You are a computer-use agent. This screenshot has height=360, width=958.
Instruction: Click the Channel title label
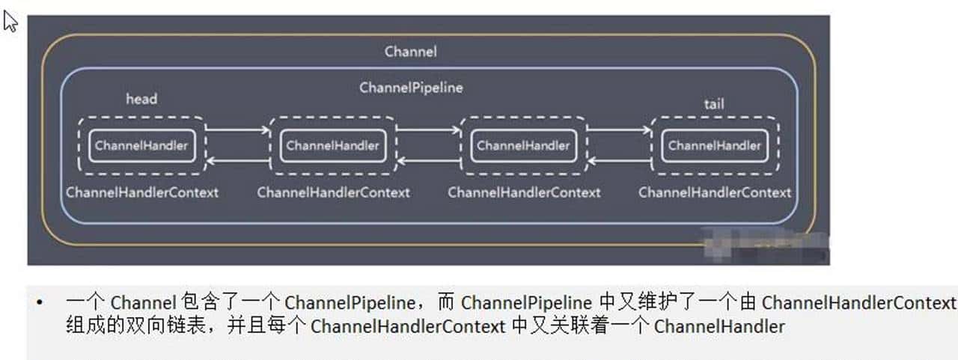tap(411, 52)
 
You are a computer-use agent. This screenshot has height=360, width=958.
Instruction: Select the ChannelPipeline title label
tap(411, 88)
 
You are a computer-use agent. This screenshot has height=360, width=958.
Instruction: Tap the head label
tap(141, 99)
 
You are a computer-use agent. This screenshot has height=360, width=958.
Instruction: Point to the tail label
tap(713, 104)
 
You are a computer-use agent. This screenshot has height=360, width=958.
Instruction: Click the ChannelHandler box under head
tap(141, 145)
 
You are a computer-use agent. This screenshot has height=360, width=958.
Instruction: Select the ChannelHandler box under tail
tap(714, 145)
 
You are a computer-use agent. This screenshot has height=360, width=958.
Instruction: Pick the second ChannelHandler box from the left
tap(332, 145)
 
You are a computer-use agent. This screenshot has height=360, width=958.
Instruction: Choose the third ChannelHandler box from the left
tap(523, 145)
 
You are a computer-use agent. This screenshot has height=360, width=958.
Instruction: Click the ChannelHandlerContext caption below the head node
tap(142, 192)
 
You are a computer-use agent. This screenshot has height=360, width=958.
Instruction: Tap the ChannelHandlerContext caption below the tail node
tap(715, 192)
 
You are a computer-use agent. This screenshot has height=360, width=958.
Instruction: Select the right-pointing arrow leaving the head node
tap(237, 130)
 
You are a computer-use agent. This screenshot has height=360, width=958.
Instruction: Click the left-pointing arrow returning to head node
tap(237, 161)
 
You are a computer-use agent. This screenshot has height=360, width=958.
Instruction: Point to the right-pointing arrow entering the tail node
tap(618, 130)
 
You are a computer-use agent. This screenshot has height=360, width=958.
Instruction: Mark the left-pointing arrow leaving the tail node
tap(618, 161)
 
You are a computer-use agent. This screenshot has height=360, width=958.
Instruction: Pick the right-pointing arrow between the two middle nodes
tap(427, 130)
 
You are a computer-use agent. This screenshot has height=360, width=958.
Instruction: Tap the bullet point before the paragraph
tap(40, 303)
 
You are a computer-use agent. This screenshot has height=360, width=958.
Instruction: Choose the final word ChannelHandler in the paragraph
tap(719, 327)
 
